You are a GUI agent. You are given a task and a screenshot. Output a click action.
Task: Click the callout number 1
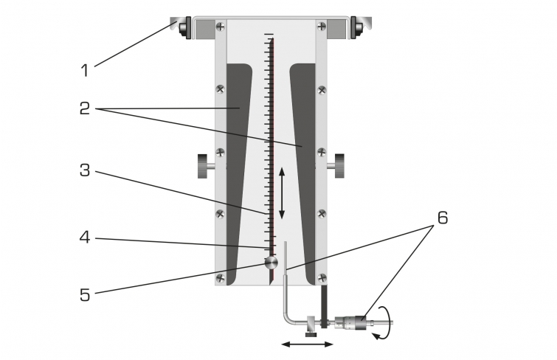(85, 70)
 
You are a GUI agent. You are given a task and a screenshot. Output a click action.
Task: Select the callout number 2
(85, 108)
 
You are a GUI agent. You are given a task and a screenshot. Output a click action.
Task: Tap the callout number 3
(85, 170)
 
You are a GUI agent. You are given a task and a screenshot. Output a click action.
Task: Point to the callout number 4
(85, 237)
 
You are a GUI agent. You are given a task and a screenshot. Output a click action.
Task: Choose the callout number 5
(85, 295)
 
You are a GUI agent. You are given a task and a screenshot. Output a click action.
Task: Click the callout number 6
(443, 218)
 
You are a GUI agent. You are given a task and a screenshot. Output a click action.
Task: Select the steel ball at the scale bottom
(271, 263)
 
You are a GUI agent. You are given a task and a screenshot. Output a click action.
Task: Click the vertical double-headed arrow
(282, 193)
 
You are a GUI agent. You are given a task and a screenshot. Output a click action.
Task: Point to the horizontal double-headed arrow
(308, 344)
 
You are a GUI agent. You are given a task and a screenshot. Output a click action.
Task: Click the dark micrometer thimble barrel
(361, 323)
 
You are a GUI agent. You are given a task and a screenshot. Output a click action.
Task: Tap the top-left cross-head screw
(221, 27)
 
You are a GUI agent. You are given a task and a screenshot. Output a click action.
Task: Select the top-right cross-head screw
(322, 27)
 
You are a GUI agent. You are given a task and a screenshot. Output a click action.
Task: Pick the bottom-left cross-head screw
(221, 277)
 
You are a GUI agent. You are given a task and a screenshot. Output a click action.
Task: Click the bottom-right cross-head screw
(322, 277)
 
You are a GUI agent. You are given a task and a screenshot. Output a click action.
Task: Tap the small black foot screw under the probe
(311, 333)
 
